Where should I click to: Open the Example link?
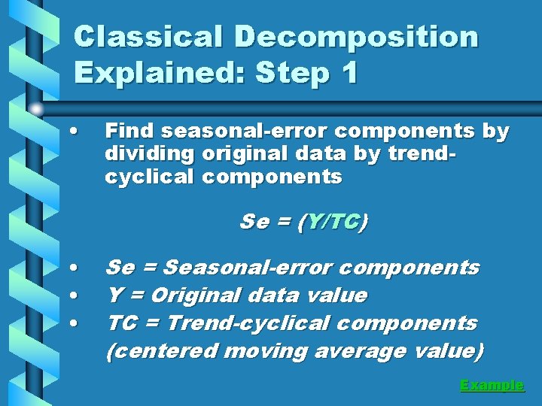coord(492,385)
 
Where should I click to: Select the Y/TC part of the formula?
coord(332,223)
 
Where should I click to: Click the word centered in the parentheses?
coord(162,351)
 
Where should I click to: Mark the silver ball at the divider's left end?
coord(36,108)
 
